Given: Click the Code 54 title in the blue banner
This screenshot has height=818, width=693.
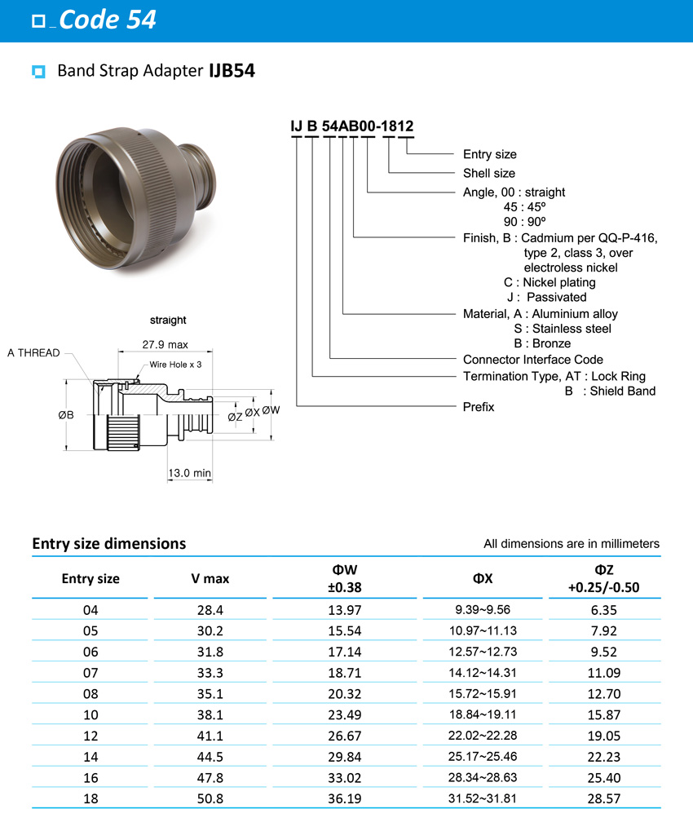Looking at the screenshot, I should click(x=107, y=20).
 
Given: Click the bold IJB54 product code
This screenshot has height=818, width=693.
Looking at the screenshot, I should click(x=232, y=71).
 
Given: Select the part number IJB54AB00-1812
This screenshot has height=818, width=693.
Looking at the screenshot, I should click(x=352, y=126).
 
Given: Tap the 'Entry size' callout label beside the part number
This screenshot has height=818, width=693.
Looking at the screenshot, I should click(x=489, y=154).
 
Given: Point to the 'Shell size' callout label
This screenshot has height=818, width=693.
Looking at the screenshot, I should click(x=488, y=173).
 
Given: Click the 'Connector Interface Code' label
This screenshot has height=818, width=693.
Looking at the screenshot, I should click(x=532, y=360).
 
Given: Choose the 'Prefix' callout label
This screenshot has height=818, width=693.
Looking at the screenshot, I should click(x=479, y=406).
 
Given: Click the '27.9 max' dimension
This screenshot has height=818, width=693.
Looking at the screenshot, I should click(x=166, y=345).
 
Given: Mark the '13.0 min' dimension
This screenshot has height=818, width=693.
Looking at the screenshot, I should click(x=189, y=473).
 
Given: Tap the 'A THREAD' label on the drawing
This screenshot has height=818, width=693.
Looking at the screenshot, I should click(x=33, y=353).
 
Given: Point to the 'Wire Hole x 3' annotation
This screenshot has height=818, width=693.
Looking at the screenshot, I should click(x=174, y=365).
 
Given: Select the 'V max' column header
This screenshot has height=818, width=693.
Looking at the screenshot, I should click(x=210, y=579).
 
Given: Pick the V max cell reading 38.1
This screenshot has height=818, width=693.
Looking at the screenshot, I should click(x=210, y=714).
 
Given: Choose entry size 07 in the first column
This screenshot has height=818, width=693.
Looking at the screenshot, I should click(x=90, y=672).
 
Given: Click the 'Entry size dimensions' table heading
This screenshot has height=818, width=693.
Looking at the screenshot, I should click(x=108, y=543).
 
